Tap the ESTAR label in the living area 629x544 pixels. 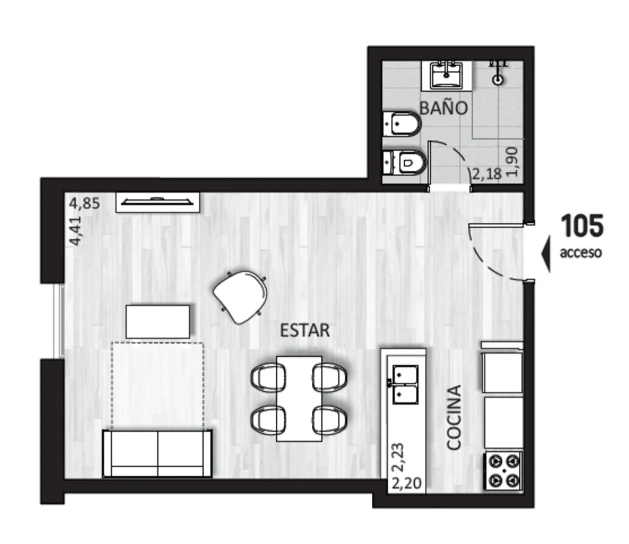click(305, 330)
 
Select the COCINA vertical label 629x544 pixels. click(453, 418)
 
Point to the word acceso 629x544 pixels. click(581, 252)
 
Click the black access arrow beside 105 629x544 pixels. click(546, 254)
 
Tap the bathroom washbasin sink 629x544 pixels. click(446, 75)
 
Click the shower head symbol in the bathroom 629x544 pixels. click(498, 72)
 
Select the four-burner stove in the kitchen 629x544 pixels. click(503, 470)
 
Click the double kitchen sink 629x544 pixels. click(405, 384)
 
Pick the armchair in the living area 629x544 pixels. click(241, 296)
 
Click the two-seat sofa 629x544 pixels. click(157, 453)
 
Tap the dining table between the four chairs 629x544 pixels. click(299, 398)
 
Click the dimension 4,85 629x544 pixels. click(85, 203)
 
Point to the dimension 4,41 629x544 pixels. click(75, 231)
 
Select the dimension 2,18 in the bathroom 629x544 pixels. click(486, 174)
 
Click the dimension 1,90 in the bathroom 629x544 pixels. click(512, 162)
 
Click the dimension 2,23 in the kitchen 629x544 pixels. click(398, 457)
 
